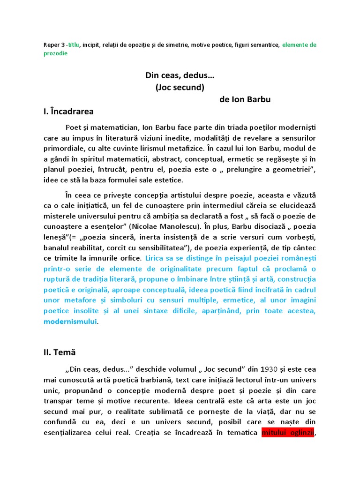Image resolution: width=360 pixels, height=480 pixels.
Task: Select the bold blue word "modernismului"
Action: (70, 322)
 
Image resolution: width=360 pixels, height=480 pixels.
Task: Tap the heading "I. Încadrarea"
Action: (68, 112)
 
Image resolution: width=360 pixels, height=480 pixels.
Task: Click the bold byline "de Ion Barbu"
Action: (245, 99)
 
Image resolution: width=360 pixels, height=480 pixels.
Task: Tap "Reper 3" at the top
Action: (52, 45)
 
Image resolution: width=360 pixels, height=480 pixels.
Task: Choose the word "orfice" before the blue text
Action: (129, 258)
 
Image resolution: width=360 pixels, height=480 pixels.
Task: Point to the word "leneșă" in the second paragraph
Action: (54, 237)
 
